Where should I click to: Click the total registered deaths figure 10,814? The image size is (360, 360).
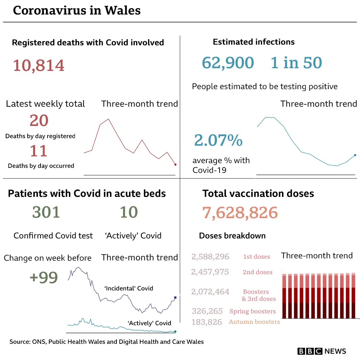38,65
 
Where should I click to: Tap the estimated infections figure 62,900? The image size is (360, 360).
228,63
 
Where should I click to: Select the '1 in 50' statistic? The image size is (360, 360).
296,63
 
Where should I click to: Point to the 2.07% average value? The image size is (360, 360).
218,140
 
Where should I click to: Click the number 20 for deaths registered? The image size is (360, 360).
39,121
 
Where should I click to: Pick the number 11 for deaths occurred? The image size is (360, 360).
38,151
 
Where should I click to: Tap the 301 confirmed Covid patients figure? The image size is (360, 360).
46,212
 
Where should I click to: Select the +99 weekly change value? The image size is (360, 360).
44,277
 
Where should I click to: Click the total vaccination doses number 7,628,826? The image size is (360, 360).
240,213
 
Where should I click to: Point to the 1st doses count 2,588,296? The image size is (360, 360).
210,257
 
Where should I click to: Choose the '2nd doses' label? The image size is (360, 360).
257,272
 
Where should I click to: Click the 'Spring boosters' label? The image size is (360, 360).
253,311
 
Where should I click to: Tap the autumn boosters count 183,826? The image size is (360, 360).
207,322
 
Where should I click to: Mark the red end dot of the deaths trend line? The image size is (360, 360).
175,164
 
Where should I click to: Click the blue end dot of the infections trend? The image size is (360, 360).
355,155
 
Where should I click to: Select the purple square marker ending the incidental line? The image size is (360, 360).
175,298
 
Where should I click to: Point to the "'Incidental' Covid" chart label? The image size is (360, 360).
129,288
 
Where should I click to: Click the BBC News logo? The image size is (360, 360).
322,351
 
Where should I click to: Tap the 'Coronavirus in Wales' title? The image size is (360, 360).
77,10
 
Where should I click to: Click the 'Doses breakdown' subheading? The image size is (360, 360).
232,236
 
